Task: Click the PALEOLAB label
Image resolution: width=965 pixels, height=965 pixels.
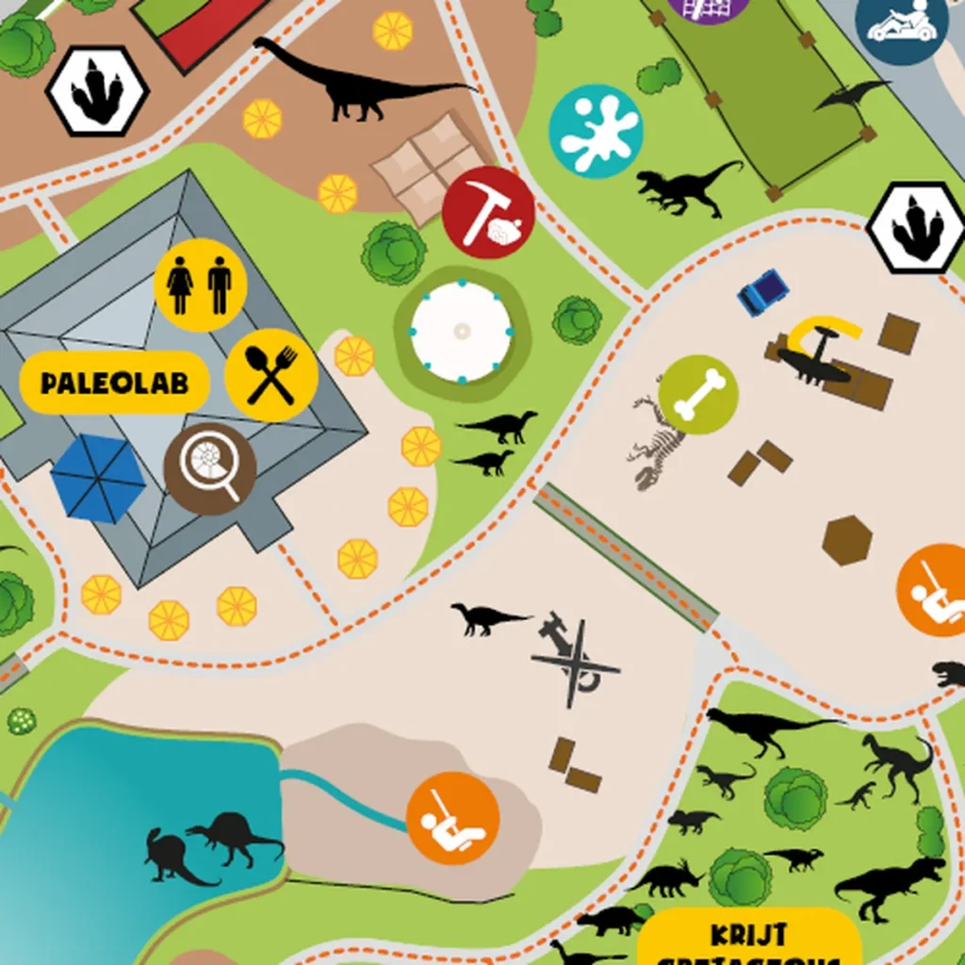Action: (114, 383)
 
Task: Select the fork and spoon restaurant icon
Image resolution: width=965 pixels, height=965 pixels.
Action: (271, 374)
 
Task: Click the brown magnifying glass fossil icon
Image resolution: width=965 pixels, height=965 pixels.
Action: (210, 468)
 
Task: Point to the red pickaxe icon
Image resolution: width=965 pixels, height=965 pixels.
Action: (488, 212)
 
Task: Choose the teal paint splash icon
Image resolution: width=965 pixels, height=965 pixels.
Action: (596, 130)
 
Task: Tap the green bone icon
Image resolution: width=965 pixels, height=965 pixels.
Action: (698, 394)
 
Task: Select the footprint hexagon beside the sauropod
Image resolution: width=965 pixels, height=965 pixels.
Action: (98, 90)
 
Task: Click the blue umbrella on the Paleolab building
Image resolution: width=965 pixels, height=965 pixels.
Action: (98, 478)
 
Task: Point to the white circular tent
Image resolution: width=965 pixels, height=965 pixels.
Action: (462, 331)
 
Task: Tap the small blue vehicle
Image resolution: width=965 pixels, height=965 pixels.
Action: (762, 291)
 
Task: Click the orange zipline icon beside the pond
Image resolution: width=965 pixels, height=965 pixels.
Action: (452, 817)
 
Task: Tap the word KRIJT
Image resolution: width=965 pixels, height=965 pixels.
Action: (748, 935)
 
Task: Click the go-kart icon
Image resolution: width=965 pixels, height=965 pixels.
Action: (901, 26)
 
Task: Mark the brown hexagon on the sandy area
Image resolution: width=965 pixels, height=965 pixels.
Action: (847, 540)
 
